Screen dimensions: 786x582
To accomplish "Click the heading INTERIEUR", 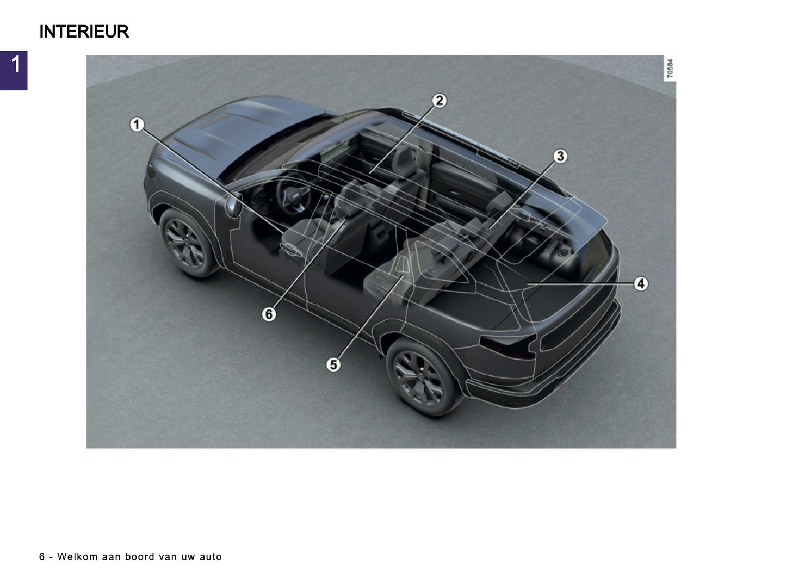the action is click(x=84, y=32).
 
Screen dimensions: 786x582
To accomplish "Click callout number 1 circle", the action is click(x=137, y=125).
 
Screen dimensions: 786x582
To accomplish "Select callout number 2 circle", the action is click(x=439, y=101).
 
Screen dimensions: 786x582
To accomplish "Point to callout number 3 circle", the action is click(x=560, y=157).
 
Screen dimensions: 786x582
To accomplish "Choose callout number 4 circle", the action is click(x=641, y=283).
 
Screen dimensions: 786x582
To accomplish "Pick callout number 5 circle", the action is click(x=333, y=364).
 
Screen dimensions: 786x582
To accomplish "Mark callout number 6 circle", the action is click(x=269, y=314).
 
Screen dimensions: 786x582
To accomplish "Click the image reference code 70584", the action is click(x=670, y=69).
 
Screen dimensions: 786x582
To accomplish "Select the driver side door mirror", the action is click(x=234, y=207).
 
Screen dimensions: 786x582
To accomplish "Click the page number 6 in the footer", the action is click(x=42, y=557).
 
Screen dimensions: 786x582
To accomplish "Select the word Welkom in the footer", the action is click(x=77, y=557).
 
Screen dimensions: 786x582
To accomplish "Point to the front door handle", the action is click(x=292, y=250).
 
